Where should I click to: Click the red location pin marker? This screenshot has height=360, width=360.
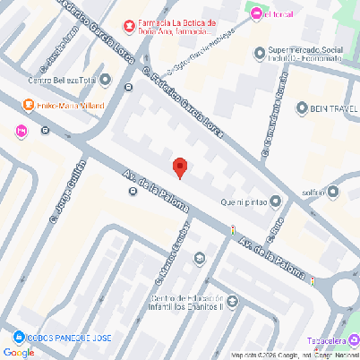(180, 167)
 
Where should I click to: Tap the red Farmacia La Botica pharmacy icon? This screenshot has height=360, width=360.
(129, 25)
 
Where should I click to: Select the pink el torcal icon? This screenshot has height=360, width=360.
(256, 13)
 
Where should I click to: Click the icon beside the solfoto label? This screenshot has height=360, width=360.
(334, 191)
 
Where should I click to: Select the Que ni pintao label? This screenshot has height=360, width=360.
(237, 201)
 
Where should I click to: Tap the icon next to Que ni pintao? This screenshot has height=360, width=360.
(275, 201)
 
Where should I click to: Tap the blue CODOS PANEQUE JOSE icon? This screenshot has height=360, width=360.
(18, 338)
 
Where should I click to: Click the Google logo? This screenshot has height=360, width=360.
(19, 352)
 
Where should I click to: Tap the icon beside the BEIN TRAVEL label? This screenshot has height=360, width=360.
(289, 107)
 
